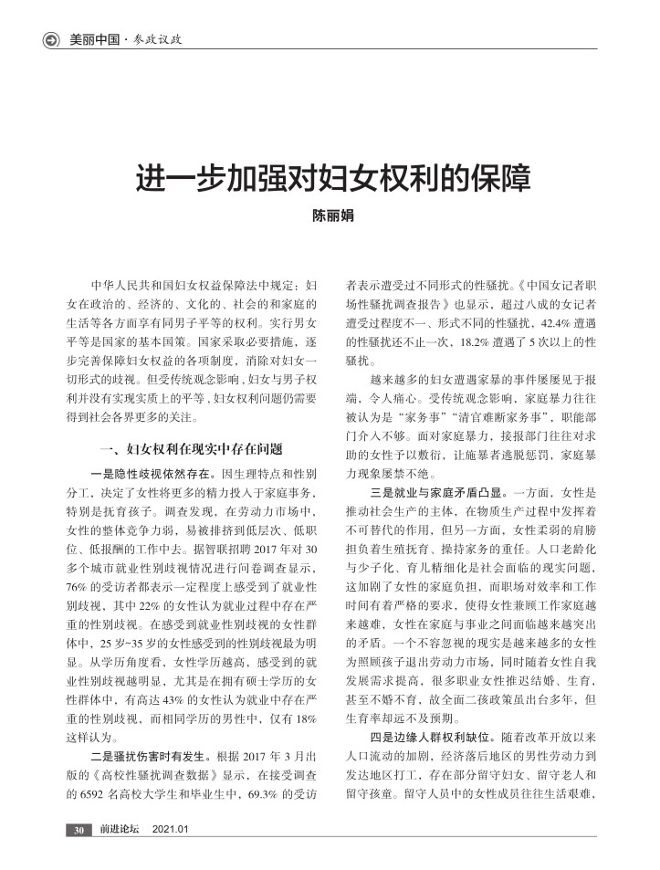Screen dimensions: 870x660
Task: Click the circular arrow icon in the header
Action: point(52,39)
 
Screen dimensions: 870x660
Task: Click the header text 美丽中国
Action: point(95,39)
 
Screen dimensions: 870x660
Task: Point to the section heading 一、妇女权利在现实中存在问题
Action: point(190,449)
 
